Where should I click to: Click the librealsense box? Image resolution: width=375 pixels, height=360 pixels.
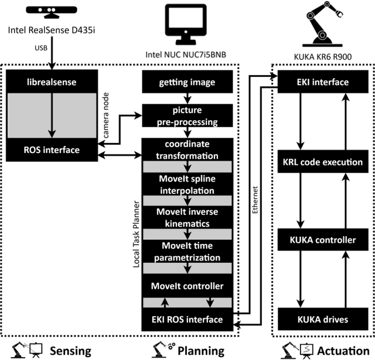coord(53,81)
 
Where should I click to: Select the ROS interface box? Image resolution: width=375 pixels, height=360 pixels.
coord(53,150)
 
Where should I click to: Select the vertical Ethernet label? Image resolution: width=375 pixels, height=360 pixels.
coord(255,200)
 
